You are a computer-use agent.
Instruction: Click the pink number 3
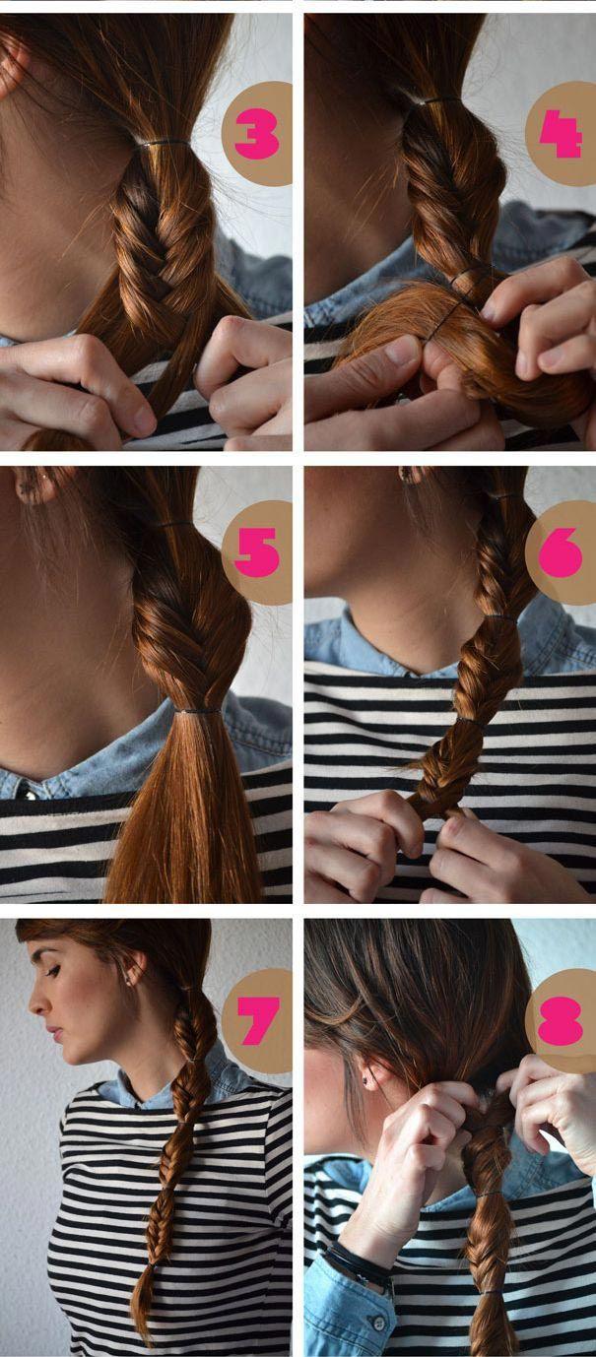coord(257,135)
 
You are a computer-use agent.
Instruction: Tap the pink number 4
coord(561,135)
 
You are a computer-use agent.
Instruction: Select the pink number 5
coord(257,551)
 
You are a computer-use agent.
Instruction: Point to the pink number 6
coord(561,551)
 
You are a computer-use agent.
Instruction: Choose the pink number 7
coord(258,1021)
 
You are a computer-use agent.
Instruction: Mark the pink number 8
coord(561,1021)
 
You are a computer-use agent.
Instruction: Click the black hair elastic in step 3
coord(164,144)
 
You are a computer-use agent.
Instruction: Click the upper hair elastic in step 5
coord(175,522)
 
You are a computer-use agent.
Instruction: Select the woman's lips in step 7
coord(55,1033)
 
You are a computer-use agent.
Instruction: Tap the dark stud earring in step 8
coord(366,1080)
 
